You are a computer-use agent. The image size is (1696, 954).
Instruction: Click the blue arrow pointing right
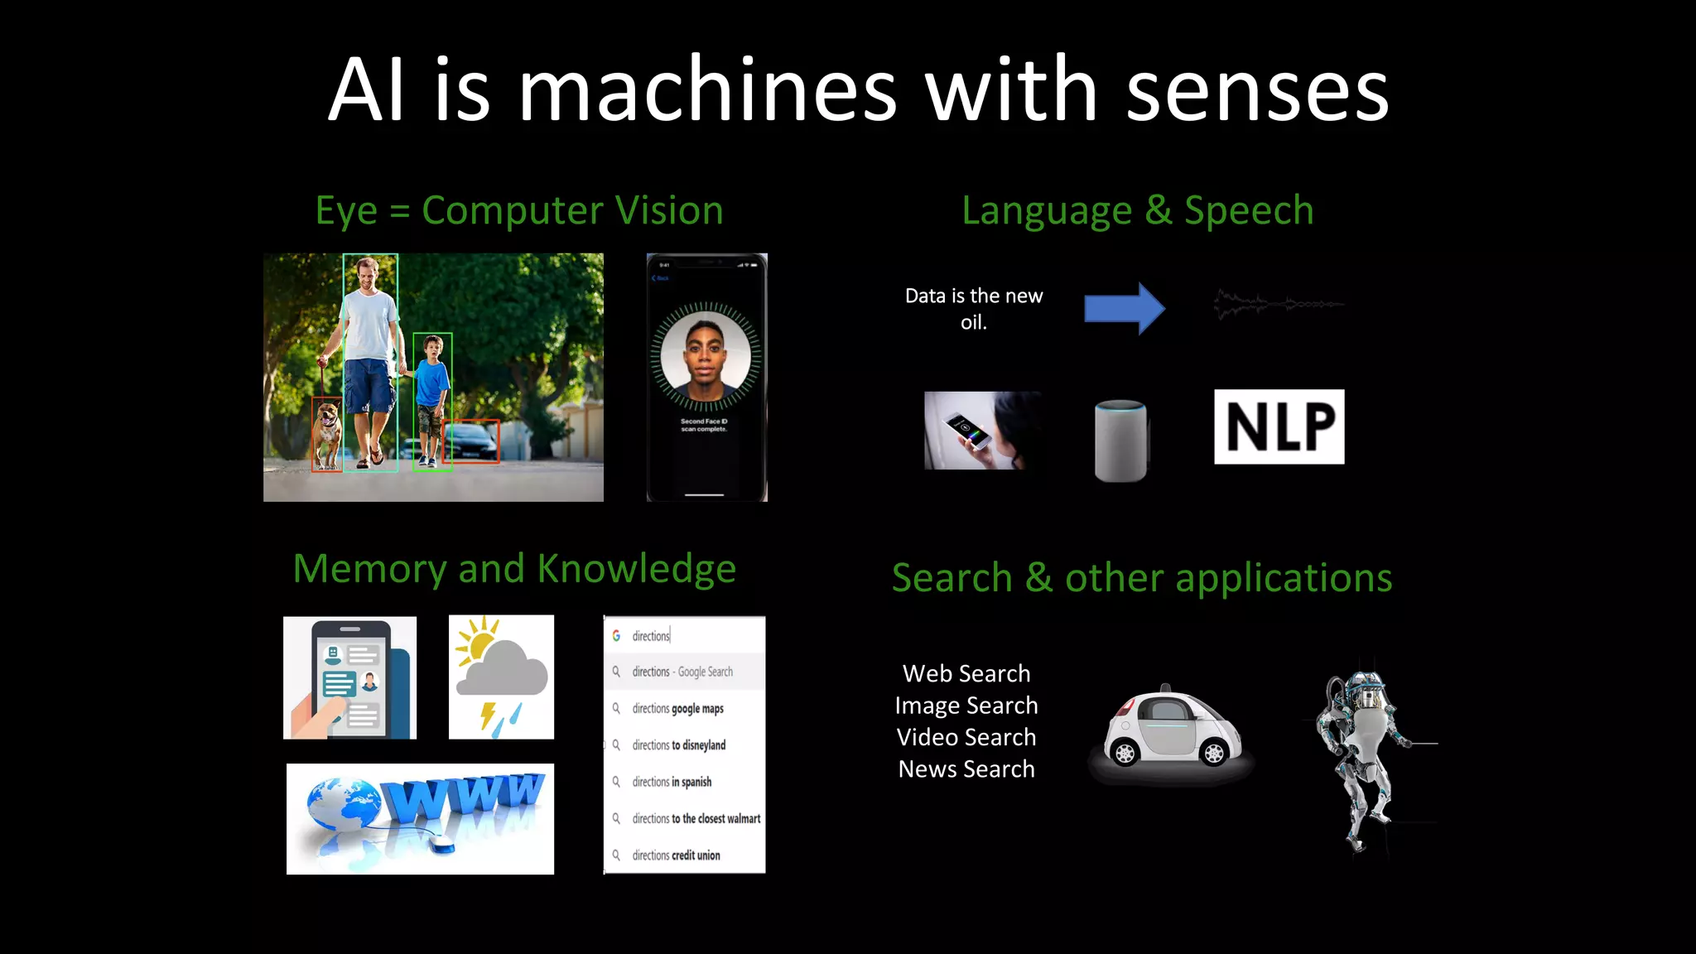(x=1124, y=308)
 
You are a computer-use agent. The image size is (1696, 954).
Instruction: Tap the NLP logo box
(x=1279, y=426)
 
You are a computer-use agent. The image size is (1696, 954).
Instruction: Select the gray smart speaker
(x=1120, y=441)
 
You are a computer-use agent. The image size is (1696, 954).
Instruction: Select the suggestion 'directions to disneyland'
(x=679, y=745)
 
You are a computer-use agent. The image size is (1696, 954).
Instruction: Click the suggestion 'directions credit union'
(x=676, y=855)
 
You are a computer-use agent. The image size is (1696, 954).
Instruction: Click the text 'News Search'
(x=966, y=769)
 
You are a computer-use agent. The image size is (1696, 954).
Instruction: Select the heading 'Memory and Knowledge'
(x=514, y=569)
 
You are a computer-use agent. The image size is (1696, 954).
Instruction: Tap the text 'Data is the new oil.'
(x=974, y=308)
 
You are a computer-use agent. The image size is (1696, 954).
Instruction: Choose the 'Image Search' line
(x=966, y=706)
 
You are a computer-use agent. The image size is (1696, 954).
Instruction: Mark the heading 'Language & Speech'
(x=1137, y=210)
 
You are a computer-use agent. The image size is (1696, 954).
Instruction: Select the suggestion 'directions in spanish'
(x=672, y=782)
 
